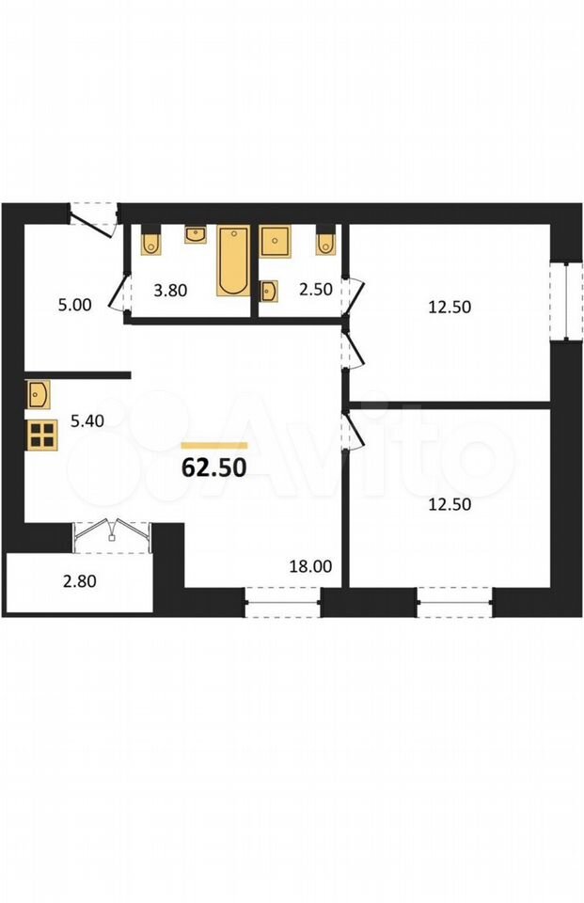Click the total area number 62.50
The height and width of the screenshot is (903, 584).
[214, 468]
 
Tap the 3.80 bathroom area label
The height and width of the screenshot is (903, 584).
[170, 291]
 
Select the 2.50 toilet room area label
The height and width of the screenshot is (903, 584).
[316, 289]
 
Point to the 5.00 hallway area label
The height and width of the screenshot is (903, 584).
[75, 305]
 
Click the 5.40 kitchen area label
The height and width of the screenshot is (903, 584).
[87, 421]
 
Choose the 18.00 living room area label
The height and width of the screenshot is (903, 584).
[310, 566]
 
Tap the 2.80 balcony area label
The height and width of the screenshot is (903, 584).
[80, 581]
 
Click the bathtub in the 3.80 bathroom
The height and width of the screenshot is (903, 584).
[233, 261]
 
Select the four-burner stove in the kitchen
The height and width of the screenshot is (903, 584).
[42, 435]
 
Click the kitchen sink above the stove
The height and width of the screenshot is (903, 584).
[38, 394]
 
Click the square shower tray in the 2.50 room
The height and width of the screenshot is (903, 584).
[276, 241]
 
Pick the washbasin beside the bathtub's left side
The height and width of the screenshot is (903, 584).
[196, 235]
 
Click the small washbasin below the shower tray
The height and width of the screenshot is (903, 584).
[269, 291]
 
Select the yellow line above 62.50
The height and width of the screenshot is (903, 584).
[214, 445]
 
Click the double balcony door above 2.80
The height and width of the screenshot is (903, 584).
[112, 537]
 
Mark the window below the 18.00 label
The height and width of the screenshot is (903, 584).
[282, 602]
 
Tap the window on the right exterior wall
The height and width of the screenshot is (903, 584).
[567, 301]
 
